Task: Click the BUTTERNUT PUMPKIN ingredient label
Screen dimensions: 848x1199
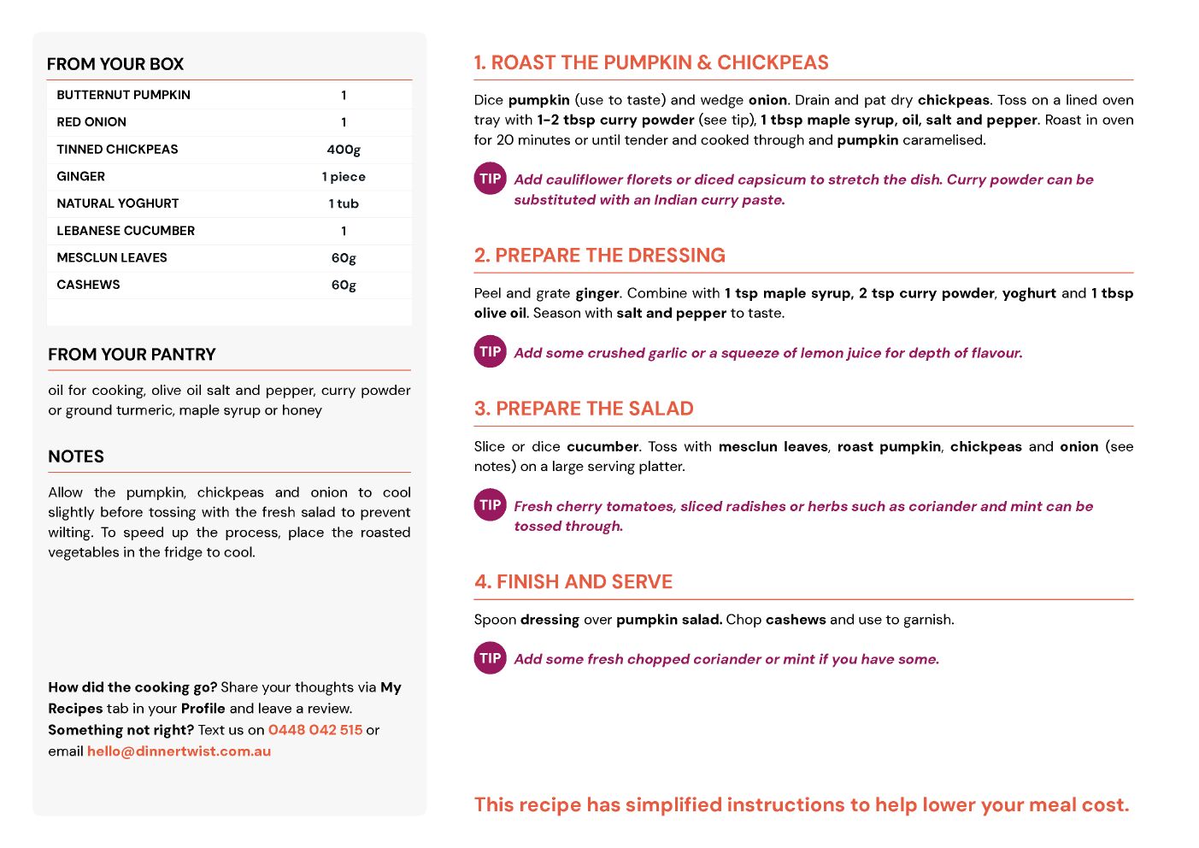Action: click(x=123, y=95)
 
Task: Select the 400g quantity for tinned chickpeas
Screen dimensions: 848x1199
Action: click(x=344, y=150)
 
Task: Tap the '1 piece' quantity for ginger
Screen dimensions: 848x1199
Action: click(x=344, y=177)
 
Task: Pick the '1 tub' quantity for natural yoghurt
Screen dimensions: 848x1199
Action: click(x=344, y=203)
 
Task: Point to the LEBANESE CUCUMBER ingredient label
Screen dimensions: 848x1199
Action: click(x=126, y=231)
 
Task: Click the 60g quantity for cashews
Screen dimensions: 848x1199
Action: click(x=344, y=285)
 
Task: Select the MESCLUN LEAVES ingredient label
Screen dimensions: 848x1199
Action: click(x=112, y=258)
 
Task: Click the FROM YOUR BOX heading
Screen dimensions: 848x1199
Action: click(x=115, y=64)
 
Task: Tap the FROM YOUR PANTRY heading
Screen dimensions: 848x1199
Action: click(x=132, y=355)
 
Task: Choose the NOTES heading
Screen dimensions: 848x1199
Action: click(x=76, y=456)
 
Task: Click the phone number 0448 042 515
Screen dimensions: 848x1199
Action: click(x=315, y=730)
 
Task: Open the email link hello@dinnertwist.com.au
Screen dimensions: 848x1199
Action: click(x=179, y=751)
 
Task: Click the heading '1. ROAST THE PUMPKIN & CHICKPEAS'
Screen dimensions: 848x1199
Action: click(x=651, y=62)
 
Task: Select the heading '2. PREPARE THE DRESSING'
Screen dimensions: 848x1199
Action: click(x=599, y=256)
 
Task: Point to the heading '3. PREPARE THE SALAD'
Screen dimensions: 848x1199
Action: click(x=584, y=409)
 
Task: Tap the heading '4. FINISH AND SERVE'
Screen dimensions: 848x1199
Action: click(x=573, y=582)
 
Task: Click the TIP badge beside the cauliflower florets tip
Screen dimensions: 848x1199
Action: click(x=491, y=179)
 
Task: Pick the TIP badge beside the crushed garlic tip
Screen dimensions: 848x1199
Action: click(x=491, y=351)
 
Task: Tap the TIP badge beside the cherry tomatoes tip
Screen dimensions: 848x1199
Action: click(x=491, y=505)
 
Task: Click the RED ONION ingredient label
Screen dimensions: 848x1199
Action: click(x=91, y=122)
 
